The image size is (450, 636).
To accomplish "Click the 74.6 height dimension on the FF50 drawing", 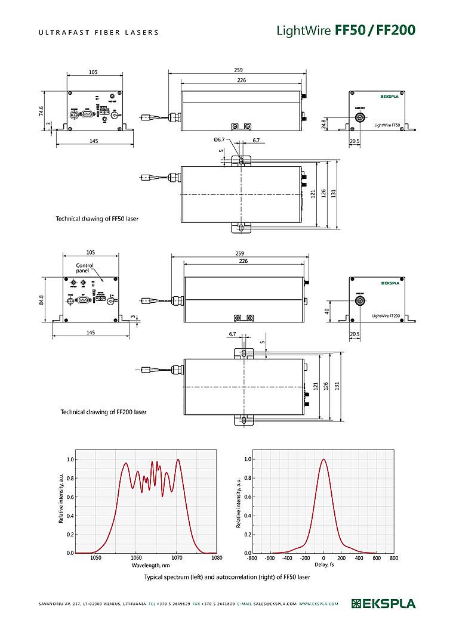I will tap(41, 111).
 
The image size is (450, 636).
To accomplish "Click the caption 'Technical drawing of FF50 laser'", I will tap(97, 219).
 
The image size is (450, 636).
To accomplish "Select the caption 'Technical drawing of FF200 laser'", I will tap(103, 412).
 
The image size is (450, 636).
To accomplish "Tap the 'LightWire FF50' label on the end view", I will tap(387, 125).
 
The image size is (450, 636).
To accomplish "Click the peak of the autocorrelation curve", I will tap(323, 460).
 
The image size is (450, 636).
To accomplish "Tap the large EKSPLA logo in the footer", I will tap(384, 603).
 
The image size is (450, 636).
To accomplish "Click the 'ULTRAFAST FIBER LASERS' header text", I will tap(98, 32).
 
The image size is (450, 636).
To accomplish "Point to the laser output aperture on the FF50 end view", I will tap(360, 118).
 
